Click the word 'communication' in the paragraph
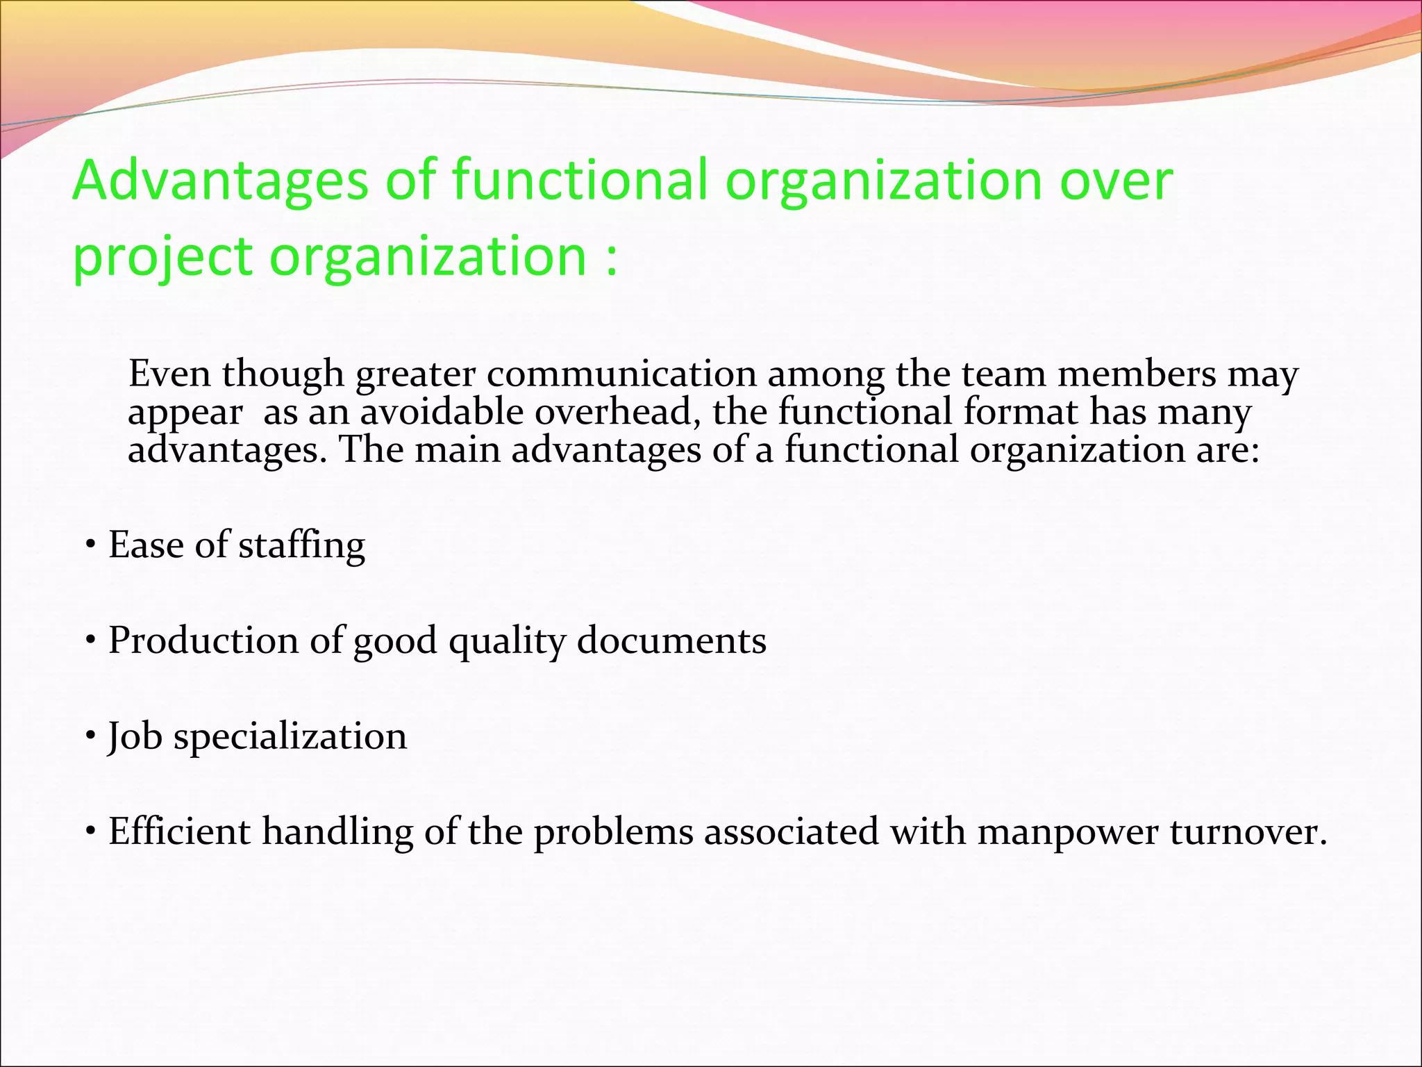point(621,374)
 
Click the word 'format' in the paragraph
point(1021,411)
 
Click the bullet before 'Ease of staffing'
point(90,545)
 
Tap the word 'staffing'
point(301,546)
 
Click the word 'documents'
point(671,640)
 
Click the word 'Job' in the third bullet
point(135,736)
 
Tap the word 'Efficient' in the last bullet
point(179,832)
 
